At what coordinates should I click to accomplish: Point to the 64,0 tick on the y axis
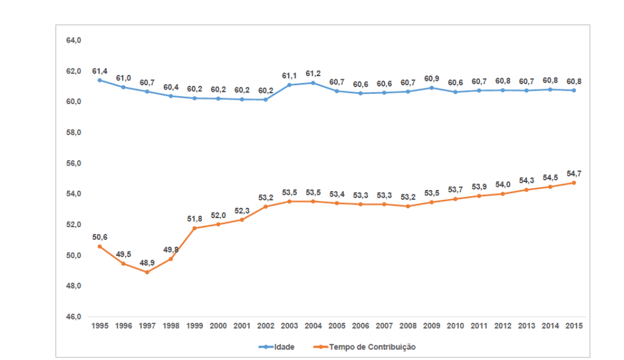[x=74, y=41]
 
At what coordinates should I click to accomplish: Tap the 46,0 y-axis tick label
[x=74, y=317]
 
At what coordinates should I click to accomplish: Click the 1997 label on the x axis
[x=147, y=326]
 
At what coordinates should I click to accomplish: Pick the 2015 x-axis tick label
[x=574, y=326]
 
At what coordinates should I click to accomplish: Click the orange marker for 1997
[x=147, y=272]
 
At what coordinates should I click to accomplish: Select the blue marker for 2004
[x=313, y=83]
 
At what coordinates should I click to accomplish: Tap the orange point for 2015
[x=574, y=183]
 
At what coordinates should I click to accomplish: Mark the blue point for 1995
[x=99, y=80]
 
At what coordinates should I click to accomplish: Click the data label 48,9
[x=147, y=263]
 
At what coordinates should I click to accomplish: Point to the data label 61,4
[x=100, y=71]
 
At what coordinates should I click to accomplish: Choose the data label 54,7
[x=575, y=174]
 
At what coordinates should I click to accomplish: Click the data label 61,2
[x=313, y=74]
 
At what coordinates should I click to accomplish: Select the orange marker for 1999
[x=194, y=228]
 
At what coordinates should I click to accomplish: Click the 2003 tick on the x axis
[x=289, y=326]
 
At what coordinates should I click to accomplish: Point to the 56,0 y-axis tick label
[x=74, y=164]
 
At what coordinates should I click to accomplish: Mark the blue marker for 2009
[x=431, y=88]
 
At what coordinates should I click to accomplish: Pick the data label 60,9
[x=432, y=79]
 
